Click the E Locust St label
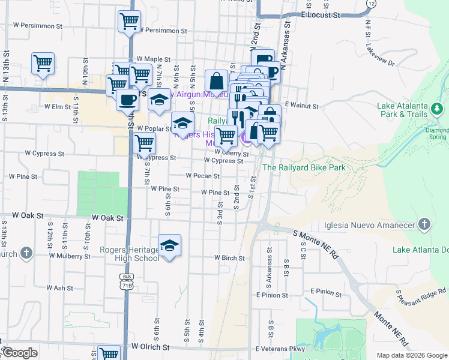coord(321,13)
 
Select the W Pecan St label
coord(202,176)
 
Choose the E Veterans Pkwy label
coord(280,349)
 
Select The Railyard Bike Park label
coord(304,167)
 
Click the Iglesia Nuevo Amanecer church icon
coord(424,224)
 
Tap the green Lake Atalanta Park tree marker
coord(438,109)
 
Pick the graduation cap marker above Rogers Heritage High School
coord(170,245)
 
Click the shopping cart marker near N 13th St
coord(43,63)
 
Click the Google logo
coord(19,353)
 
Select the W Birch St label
coord(231,257)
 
